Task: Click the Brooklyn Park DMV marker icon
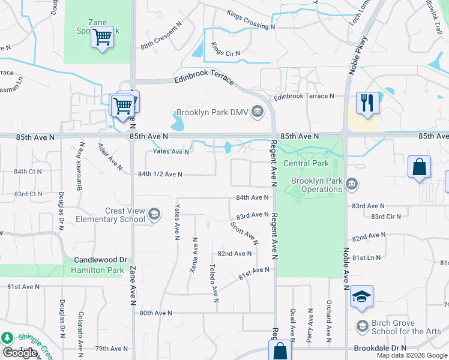point(258,112)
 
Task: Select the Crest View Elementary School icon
point(154,214)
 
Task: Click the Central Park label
point(306,163)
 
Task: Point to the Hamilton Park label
point(97,271)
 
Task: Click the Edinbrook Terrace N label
point(303,96)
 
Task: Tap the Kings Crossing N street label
point(250,20)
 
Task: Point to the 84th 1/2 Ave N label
point(160,174)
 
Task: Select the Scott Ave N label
point(244,233)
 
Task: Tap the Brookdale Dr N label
point(380,348)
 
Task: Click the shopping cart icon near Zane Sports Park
point(102,37)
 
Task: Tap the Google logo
point(20,353)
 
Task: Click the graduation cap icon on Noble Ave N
point(362,296)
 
